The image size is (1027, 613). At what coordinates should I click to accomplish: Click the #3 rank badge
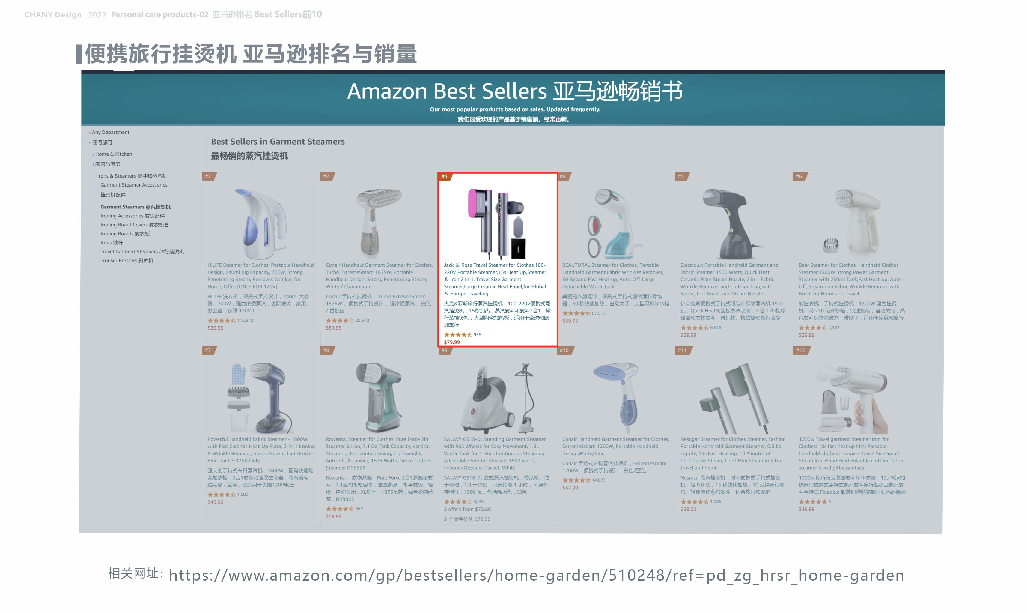[444, 176]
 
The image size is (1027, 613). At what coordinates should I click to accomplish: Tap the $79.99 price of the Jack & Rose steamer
[451, 342]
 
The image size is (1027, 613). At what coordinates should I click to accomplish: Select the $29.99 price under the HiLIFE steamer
[215, 328]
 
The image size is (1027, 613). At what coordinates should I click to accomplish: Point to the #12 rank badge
[800, 350]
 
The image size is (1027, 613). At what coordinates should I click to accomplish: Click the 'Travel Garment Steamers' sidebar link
[142, 252]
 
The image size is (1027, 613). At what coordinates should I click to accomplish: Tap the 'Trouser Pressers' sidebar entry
[127, 261]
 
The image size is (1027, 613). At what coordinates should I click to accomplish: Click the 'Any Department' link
[110, 132]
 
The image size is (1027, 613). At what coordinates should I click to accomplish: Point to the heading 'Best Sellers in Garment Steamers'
[277, 142]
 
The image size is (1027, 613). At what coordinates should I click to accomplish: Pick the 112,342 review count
[245, 321]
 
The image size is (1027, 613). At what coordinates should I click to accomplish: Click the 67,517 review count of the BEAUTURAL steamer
[598, 313]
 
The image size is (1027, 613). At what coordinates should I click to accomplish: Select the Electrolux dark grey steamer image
[732, 223]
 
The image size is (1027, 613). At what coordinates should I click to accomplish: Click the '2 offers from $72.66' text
[467, 509]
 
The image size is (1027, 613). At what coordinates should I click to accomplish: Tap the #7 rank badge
[208, 350]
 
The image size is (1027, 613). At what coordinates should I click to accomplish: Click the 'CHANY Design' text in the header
[53, 15]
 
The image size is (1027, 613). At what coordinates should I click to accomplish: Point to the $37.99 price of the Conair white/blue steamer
[570, 488]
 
